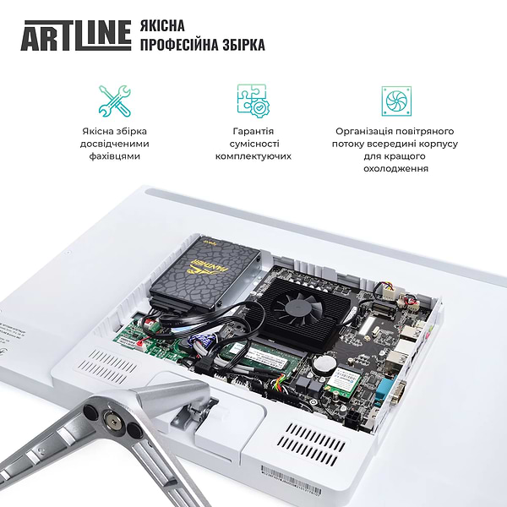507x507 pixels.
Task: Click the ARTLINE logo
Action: click(x=75, y=35)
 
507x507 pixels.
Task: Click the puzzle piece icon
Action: click(x=253, y=100)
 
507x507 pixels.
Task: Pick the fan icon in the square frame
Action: click(x=395, y=101)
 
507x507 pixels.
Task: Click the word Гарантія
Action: click(x=253, y=131)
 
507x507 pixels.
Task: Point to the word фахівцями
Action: click(x=115, y=156)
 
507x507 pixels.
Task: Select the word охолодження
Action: click(x=395, y=168)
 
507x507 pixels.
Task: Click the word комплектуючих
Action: click(x=253, y=156)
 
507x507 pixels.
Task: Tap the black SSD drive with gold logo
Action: click(x=204, y=271)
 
